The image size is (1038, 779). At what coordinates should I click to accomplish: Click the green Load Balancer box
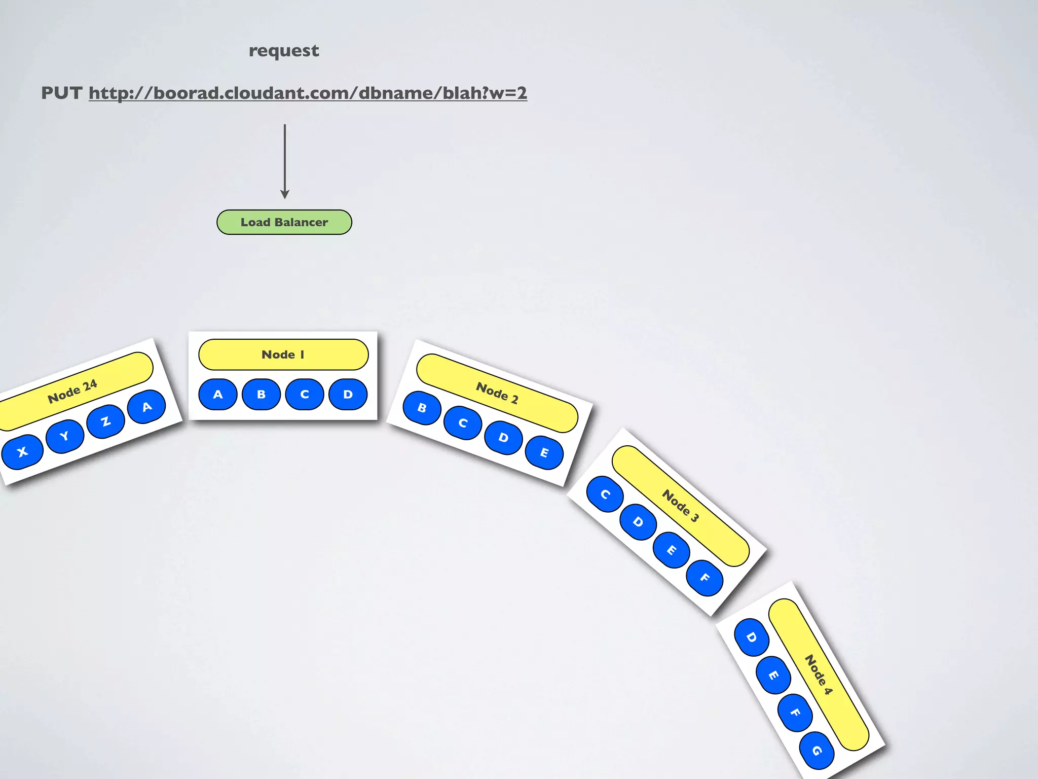[x=284, y=222]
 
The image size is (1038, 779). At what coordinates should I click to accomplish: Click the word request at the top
[x=284, y=51]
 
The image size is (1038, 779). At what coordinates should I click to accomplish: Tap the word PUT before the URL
[x=61, y=93]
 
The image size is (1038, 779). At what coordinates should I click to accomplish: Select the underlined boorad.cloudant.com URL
[x=308, y=93]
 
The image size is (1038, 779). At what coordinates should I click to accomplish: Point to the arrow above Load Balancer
[x=285, y=161]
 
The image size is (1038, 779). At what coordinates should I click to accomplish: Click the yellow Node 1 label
[x=283, y=355]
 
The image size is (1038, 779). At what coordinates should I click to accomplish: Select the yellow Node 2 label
[x=497, y=393]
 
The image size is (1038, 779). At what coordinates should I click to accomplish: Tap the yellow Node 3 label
[x=680, y=506]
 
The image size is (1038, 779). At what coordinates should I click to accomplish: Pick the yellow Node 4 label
[x=819, y=674]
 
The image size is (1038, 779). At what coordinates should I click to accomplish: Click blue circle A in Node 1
[x=218, y=395]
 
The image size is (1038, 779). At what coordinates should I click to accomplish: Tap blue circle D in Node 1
[x=348, y=395]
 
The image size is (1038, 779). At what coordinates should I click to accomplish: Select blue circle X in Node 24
[x=22, y=452]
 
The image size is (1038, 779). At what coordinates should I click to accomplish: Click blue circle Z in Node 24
[x=105, y=421]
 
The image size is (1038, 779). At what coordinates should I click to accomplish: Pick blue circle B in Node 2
[x=422, y=408]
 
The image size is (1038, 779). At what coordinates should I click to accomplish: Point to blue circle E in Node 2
[x=544, y=452]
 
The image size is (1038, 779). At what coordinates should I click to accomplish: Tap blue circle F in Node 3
[x=705, y=578]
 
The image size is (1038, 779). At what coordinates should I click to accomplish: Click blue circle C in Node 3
[x=605, y=494]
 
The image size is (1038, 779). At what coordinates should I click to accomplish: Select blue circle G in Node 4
[x=817, y=751]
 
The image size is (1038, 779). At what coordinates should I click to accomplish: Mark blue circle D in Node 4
[x=752, y=637]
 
